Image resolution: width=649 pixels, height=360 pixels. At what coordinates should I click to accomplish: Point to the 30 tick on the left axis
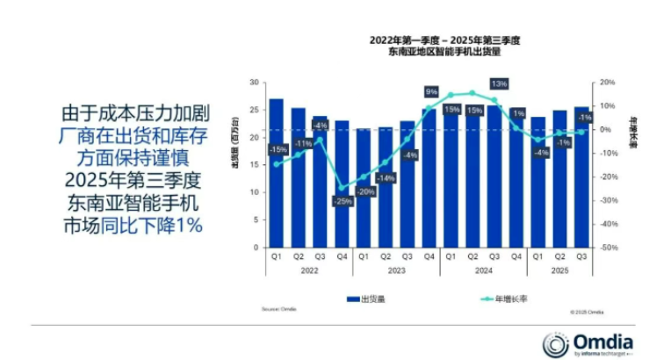point(255,83)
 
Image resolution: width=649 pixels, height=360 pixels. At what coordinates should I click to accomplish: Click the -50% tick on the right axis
point(607,248)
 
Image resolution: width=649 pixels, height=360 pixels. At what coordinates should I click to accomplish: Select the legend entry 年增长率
point(510,299)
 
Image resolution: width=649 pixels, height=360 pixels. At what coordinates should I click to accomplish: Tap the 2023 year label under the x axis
point(396,272)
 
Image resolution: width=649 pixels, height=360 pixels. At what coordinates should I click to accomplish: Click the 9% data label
point(431,91)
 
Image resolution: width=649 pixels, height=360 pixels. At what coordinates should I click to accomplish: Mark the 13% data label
point(498,83)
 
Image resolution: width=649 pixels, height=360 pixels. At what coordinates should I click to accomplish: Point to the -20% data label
point(367,191)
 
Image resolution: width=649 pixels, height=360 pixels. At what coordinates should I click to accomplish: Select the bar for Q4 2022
point(342,184)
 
